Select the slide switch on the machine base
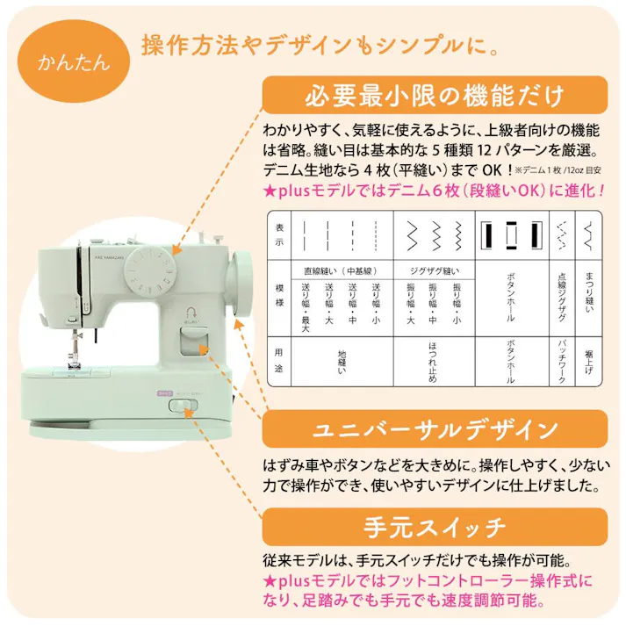click(x=183, y=405)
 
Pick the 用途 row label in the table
click(x=279, y=361)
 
